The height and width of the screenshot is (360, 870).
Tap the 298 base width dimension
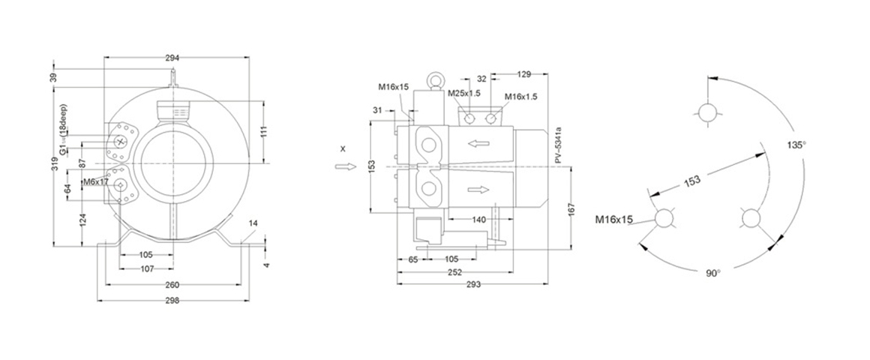[172, 300]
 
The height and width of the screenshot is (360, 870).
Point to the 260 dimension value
[172, 285]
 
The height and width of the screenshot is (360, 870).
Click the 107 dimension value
[146, 268]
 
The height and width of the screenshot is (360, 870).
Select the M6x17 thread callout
[96, 181]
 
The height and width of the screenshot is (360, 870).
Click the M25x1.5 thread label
[463, 94]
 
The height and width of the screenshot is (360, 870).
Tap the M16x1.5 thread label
[520, 97]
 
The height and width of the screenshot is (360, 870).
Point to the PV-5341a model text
[559, 145]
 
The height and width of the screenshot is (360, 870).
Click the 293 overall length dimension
[472, 285]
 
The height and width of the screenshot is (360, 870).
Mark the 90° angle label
[712, 273]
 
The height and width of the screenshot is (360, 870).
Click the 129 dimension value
[524, 74]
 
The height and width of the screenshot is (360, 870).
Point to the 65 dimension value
[412, 259]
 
